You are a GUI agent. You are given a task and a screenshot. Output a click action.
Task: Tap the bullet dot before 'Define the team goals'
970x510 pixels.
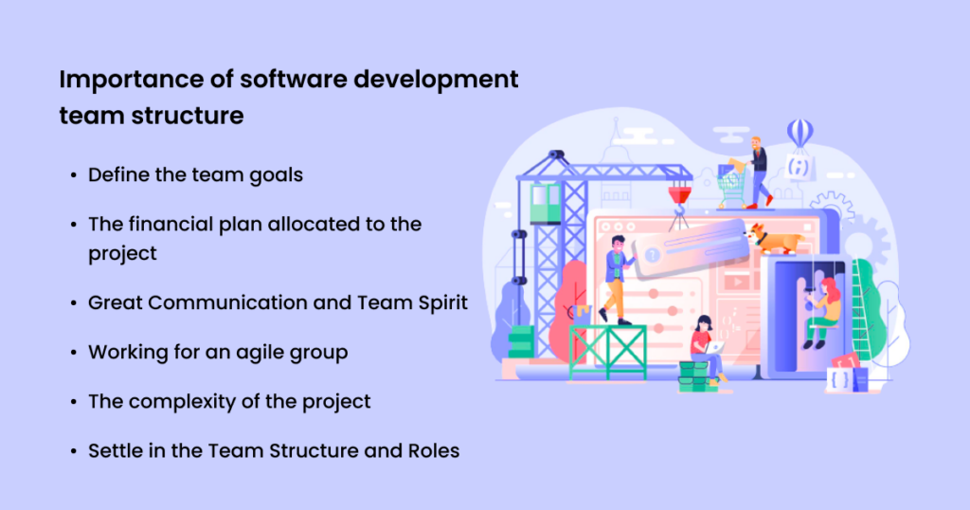pyautogui.click(x=74, y=175)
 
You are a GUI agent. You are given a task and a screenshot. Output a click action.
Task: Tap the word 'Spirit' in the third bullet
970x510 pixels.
pyautogui.click(x=437, y=302)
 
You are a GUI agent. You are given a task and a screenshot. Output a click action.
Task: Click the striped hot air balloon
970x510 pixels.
pyautogui.click(x=799, y=134)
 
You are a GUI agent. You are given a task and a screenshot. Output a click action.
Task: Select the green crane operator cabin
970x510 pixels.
pyautogui.click(x=546, y=201)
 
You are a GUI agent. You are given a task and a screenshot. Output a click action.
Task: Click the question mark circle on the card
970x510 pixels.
pyautogui.click(x=653, y=252)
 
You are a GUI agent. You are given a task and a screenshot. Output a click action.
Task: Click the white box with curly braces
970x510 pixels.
pyautogui.click(x=840, y=378)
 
